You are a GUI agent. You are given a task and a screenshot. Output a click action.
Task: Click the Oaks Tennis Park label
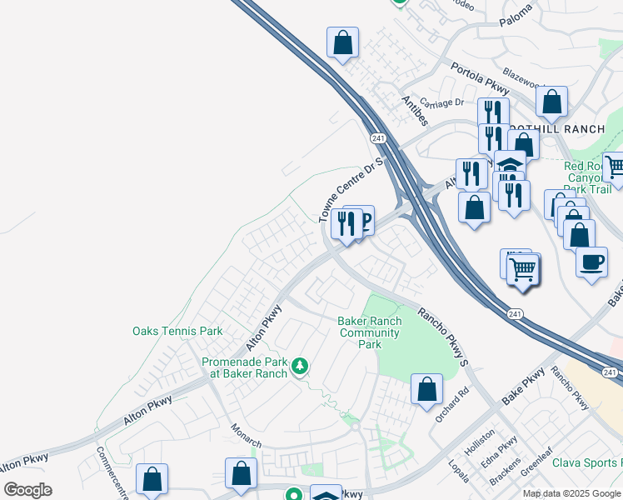tap(177, 331)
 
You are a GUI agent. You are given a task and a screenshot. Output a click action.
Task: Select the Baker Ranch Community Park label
tap(370, 332)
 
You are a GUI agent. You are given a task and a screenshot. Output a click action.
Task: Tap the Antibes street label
tap(414, 111)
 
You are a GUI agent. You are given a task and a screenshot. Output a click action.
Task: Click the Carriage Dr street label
tap(441, 102)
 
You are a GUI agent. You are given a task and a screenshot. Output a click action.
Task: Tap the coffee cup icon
tap(591, 261)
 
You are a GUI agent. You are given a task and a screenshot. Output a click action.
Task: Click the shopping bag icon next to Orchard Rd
tap(426, 388)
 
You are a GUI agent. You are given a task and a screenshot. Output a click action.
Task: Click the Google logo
tap(27, 490)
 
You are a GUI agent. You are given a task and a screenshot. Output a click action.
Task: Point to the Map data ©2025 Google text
tap(572, 493)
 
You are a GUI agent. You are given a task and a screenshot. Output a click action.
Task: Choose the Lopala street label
tap(459, 471)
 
